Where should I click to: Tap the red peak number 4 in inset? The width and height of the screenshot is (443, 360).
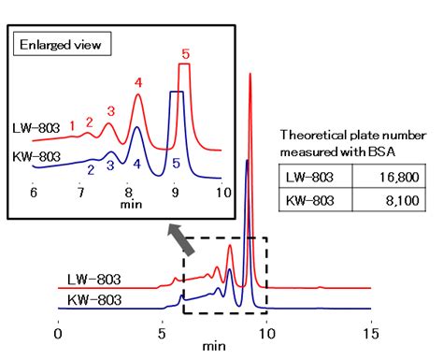point(138,83)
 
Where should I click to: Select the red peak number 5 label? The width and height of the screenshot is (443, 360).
point(185,54)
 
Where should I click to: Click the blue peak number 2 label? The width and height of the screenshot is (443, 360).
point(90,169)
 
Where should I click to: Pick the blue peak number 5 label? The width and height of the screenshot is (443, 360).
point(177,165)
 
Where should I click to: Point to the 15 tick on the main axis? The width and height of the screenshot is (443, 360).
point(372,331)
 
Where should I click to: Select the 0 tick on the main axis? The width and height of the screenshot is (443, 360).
point(58,331)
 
